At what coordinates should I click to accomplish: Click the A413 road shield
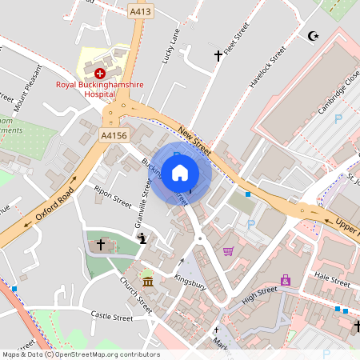(x=141, y=12)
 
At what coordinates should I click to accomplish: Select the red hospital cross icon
(x=100, y=73)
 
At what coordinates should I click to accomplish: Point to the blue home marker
(x=180, y=172)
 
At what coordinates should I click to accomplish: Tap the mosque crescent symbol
(x=313, y=36)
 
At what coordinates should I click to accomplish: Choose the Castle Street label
(x=111, y=317)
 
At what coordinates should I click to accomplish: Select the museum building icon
(x=147, y=282)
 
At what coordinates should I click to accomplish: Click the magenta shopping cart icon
(x=228, y=251)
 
